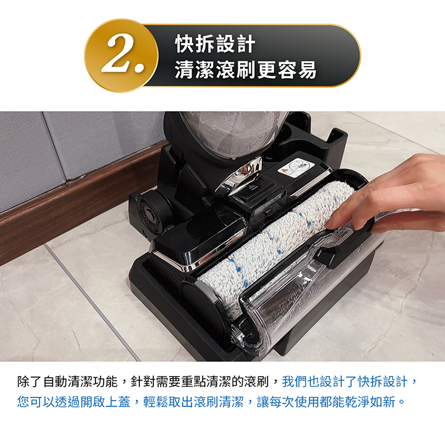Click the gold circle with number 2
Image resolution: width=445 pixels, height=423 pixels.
coord(121,55)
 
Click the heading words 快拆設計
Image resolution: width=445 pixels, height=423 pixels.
coord(215,44)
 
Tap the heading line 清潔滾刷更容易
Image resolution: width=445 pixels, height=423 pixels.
coord(245,70)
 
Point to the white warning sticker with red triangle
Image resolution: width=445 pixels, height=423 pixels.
coord(297,168)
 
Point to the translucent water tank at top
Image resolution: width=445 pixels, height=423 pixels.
coord(232,133)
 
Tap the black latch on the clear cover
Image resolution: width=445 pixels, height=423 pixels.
coord(326,257)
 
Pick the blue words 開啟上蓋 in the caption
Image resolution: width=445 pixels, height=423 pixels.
coord(105,402)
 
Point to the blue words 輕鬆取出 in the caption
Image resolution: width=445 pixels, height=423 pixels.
coord(168,402)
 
